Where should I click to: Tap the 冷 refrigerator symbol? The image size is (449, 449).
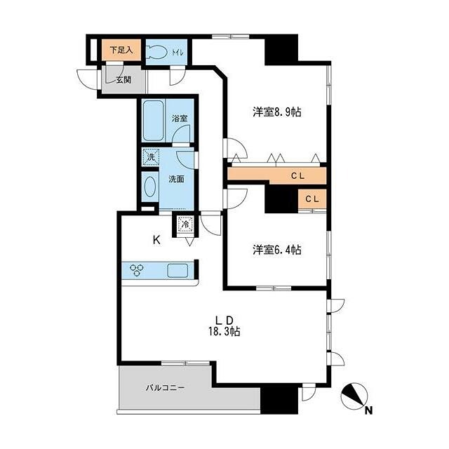(x=185, y=226)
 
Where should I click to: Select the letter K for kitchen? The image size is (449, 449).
(x=157, y=240)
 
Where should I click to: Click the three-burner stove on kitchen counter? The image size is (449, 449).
(x=137, y=270)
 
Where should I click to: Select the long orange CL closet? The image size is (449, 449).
(x=276, y=174)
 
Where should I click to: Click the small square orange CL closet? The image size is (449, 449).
(x=312, y=199)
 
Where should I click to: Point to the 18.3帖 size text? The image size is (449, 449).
(x=225, y=332)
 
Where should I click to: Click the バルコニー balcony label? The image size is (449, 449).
(x=166, y=387)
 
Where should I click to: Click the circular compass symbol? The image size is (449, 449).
(x=352, y=397)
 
